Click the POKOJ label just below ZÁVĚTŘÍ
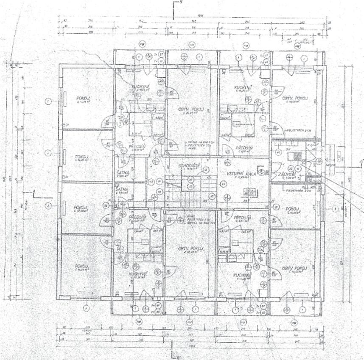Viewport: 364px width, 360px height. pos(291,209)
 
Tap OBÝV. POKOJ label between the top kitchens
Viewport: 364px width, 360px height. pos(187,110)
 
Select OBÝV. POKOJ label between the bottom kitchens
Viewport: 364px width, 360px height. pos(191,248)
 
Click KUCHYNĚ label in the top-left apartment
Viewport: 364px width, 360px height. pos(140,87)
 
